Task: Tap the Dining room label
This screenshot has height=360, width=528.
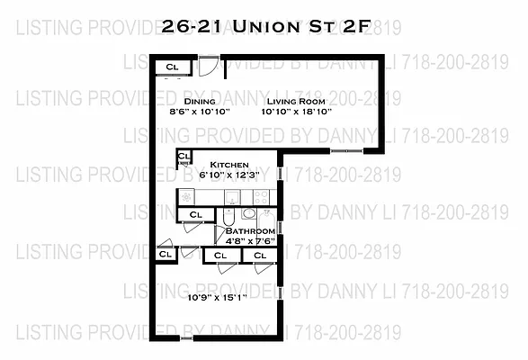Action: coord(200,102)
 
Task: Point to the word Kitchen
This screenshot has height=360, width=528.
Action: coord(229,166)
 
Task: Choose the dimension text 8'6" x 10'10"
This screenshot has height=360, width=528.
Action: coord(200,112)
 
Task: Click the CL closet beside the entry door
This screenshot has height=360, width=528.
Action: coord(173,67)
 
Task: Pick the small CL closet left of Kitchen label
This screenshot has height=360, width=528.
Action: coord(183,157)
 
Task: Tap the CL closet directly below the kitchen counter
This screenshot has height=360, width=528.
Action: coord(195,214)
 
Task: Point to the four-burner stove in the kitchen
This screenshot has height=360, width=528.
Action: coord(260,196)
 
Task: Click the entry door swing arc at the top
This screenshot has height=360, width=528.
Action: coord(209,67)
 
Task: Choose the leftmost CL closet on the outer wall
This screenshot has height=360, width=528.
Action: coord(166,255)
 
